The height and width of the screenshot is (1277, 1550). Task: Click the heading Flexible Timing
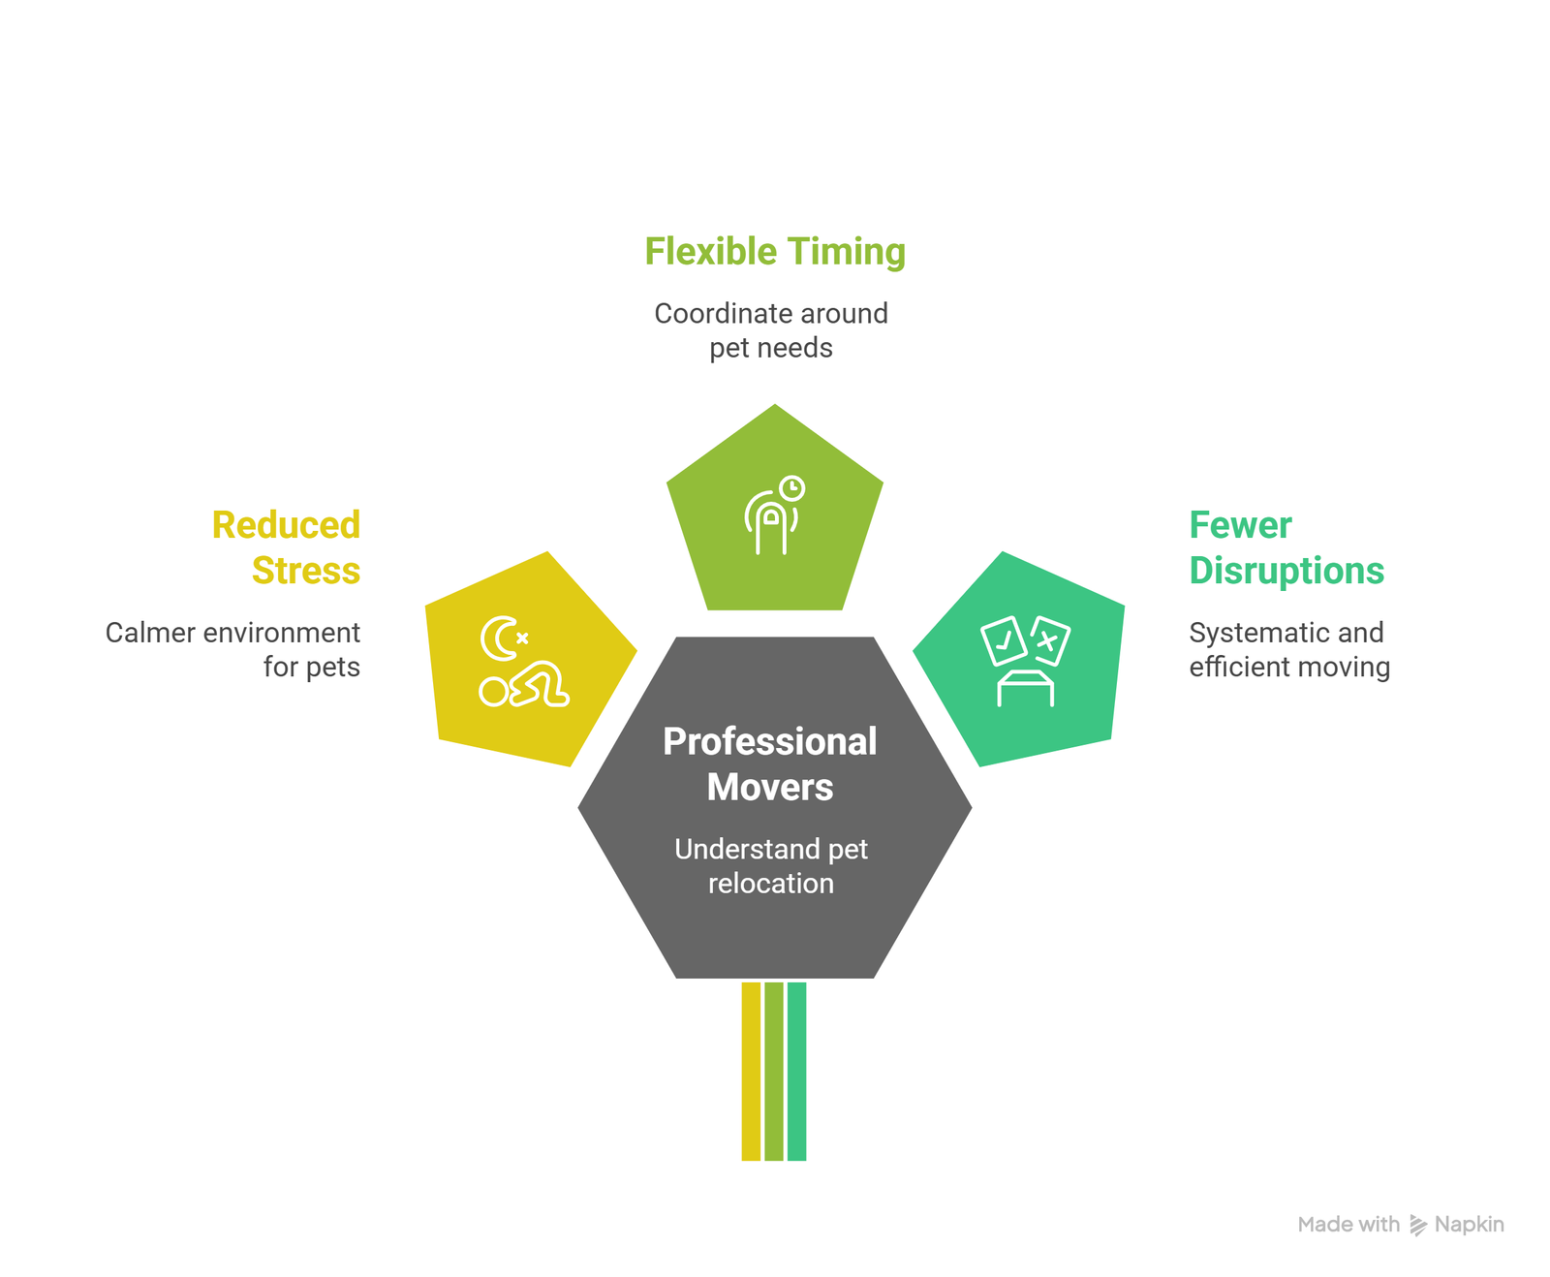[x=775, y=252]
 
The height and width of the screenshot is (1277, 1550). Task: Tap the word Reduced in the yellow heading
[x=286, y=525]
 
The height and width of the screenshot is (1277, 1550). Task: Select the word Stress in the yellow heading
[x=306, y=571]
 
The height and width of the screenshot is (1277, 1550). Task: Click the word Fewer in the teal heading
[x=1240, y=525]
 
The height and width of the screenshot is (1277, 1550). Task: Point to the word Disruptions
[x=1286, y=572]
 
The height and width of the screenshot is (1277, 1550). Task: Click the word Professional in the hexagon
[x=770, y=741]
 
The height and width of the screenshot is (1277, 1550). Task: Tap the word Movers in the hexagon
[x=770, y=787]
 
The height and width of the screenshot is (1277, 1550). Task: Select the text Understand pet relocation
[x=771, y=866]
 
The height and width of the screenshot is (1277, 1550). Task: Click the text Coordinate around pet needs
[x=771, y=330]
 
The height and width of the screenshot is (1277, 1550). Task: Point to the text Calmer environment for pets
[x=232, y=649]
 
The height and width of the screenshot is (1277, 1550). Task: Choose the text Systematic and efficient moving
[x=1289, y=649]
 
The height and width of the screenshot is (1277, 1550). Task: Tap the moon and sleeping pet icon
[x=524, y=661]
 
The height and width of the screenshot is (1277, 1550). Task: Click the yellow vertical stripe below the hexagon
[x=751, y=1072]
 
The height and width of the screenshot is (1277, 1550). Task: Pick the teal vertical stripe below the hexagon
[x=796, y=1072]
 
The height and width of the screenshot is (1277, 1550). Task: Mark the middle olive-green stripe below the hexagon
[x=774, y=1072]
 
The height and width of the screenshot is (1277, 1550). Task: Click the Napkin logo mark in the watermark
[x=1418, y=1226]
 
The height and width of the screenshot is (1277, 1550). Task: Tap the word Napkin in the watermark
[x=1470, y=1225]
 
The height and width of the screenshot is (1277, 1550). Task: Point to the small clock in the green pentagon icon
[x=792, y=488]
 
